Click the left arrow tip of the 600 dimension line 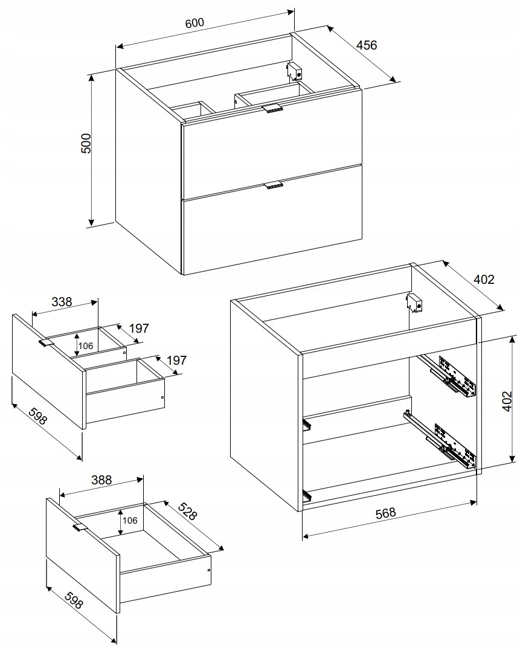coord(117,47)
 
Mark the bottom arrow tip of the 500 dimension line coord(91,226)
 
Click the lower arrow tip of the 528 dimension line coord(223,550)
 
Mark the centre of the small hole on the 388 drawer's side coord(209,570)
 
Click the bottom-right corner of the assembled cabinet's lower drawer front coord(362,239)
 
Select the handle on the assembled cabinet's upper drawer coord(272,108)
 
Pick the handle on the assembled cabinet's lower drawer coord(273,185)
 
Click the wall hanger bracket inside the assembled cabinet coord(294,71)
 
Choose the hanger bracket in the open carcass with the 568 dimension coord(415,302)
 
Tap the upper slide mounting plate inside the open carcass coord(457,376)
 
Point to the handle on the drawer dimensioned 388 coord(80,527)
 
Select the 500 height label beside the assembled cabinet coord(86,144)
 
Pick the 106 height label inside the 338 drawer coord(86,346)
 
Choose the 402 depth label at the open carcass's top coord(484,280)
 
